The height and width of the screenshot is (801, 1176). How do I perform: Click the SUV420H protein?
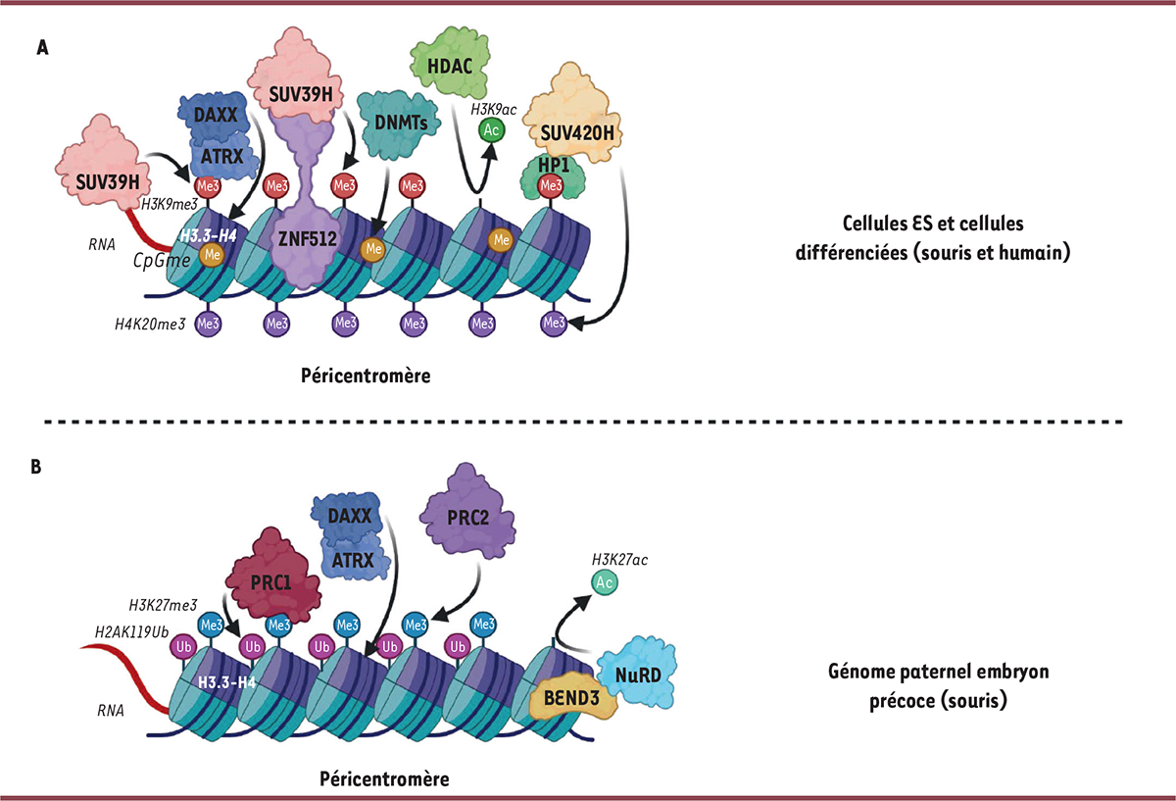tap(576, 132)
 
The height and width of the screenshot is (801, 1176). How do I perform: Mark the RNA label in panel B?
tap(112, 709)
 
